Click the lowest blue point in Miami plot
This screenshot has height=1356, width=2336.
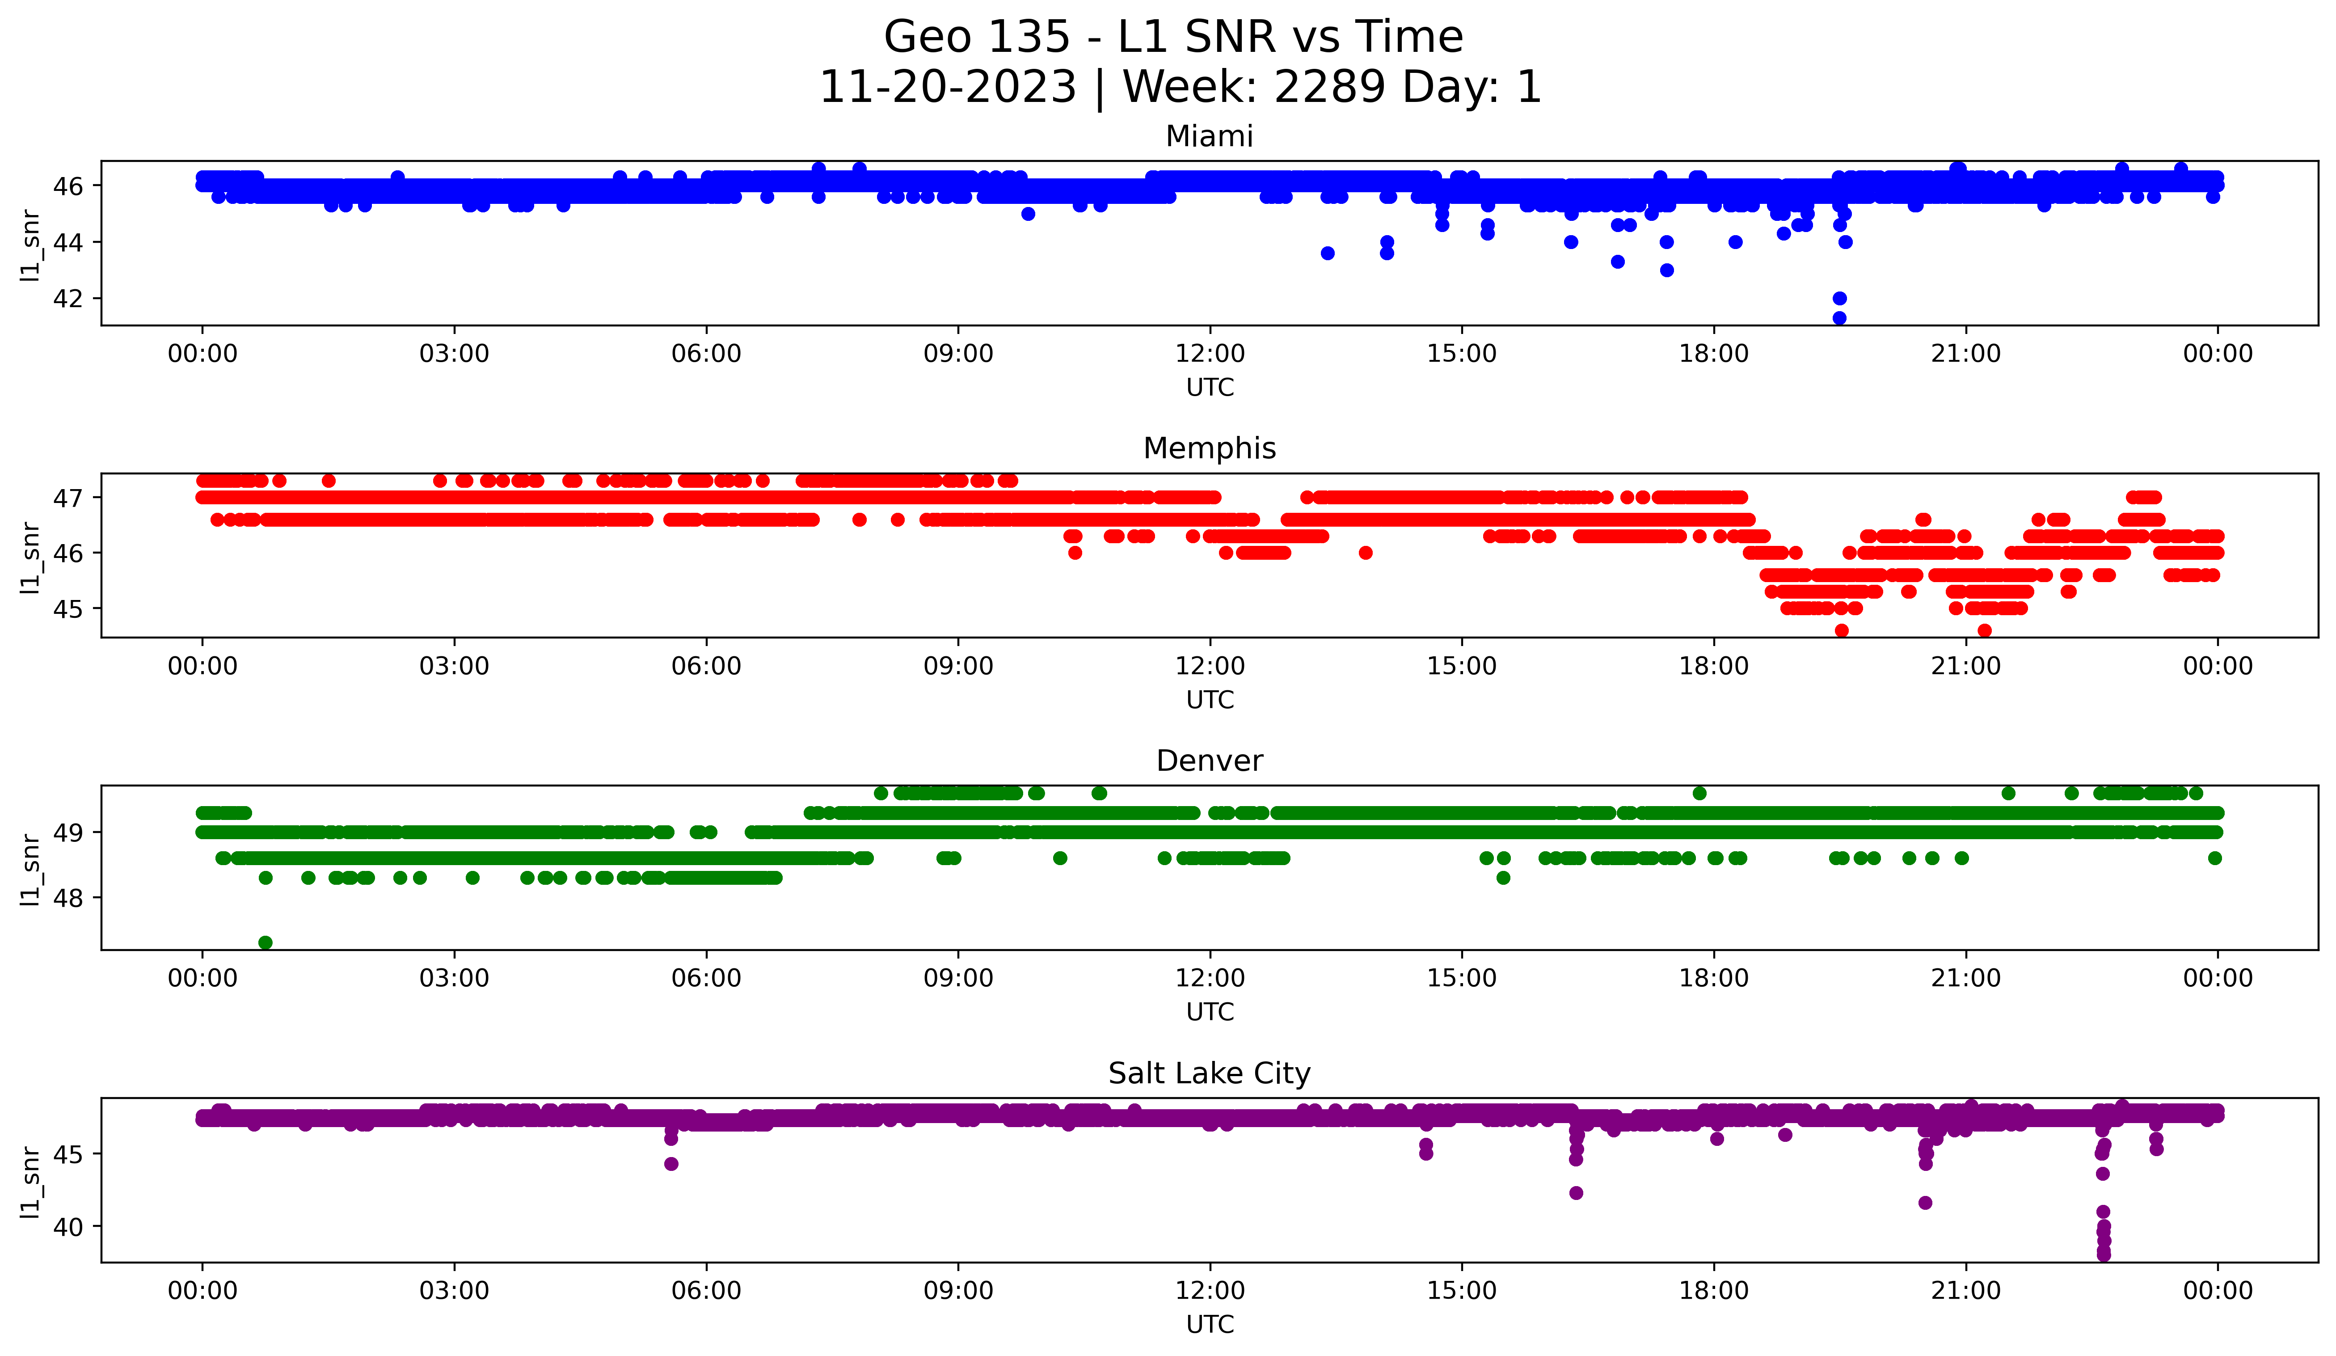(x=1839, y=318)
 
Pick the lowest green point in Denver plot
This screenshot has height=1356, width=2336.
(x=265, y=942)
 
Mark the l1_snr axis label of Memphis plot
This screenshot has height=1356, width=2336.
(x=30, y=556)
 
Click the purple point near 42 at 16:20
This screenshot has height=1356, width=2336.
(x=1576, y=1193)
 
